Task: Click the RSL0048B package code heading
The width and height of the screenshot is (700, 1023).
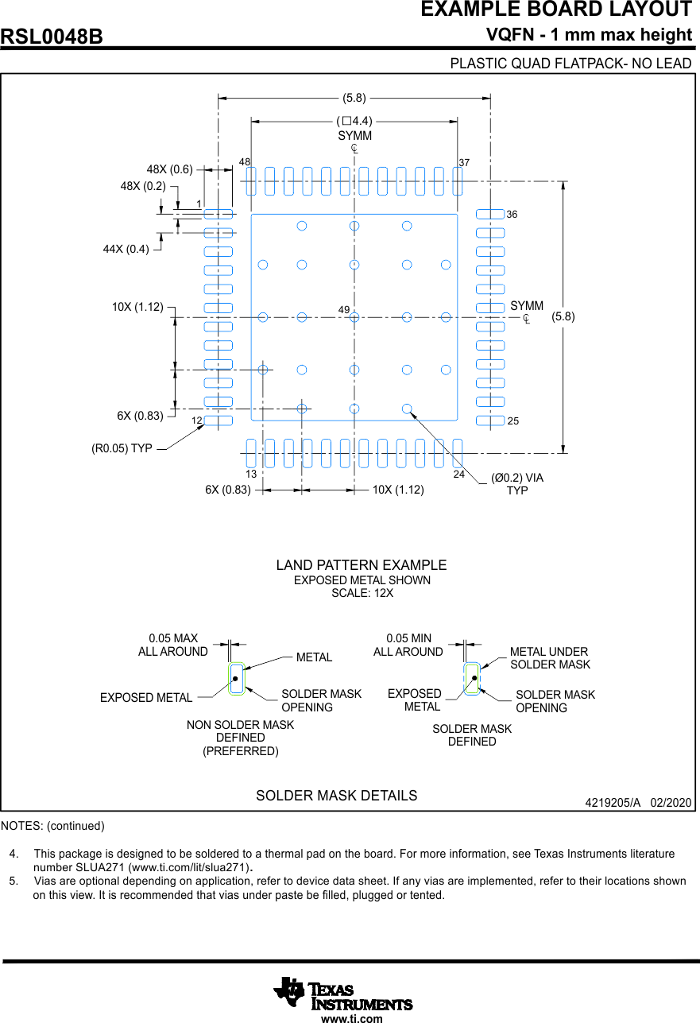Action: pyautogui.click(x=52, y=37)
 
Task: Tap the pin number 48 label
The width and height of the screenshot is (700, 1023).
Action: pyautogui.click(x=245, y=161)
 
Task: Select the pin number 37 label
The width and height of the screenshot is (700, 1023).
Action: pyautogui.click(x=464, y=162)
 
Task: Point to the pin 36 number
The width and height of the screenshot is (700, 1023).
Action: pyautogui.click(x=512, y=215)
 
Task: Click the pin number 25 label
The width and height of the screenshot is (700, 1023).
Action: pyautogui.click(x=512, y=420)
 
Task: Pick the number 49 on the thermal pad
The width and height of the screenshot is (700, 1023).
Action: pyautogui.click(x=344, y=308)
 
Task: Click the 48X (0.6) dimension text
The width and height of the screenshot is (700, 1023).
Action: pyautogui.click(x=170, y=169)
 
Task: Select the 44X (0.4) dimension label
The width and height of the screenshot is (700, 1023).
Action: pyautogui.click(x=126, y=249)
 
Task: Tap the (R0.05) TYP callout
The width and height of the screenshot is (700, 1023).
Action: pyautogui.click(x=122, y=448)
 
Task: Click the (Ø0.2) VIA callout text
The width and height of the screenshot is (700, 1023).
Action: pyautogui.click(x=517, y=478)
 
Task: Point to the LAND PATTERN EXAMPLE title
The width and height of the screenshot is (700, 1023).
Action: pyautogui.click(x=362, y=565)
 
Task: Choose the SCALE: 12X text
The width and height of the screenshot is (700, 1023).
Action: pyautogui.click(x=362, y=593)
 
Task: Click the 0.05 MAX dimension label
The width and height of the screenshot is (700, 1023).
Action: pyautogui.click(x=173, y=638)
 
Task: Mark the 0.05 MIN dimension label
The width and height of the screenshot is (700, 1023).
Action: pyautogui.click(x=408, y=638)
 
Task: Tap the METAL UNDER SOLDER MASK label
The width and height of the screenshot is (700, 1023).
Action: pyautogui.click(x=550, y=658)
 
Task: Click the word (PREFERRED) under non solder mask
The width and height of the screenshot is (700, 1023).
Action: pyautogui.click(x=241, y=751)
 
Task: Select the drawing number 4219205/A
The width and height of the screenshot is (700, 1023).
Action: pyautogui.click(x=612, y=803)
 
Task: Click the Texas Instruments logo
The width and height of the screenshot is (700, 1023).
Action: pyautogui.click(x=343, y=993)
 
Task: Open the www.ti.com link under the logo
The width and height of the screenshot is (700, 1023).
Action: pyautogui.click(x=351, y=1018)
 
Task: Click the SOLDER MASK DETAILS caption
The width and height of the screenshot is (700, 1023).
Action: pyautogui.click(x=336, y=796)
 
